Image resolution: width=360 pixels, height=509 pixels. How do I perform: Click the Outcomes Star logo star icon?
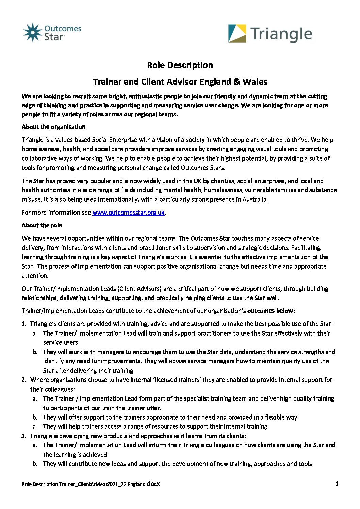pyautogui.click(x=32, y=33)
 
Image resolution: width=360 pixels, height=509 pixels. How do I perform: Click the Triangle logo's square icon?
pyautogui.click(x=237, y=33)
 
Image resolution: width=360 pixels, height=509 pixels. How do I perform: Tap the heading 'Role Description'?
pyautogui.click(x=180, y=65)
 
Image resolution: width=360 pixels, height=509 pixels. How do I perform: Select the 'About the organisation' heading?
pyautogui.click(x=53, y=127)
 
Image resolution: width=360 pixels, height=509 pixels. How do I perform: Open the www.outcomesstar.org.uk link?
pyautogui.click(x=128, y=213)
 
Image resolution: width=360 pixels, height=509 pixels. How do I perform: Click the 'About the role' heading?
pyautogui.click(x=42, y=225)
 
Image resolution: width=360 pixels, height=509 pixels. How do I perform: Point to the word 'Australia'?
pyautogui.click(x=255, y=199)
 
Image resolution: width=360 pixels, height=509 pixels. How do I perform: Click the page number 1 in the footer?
pyautogui.click(x=337, y=484)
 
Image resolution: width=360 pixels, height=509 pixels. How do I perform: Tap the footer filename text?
pyautogui.click(x=91, y=484)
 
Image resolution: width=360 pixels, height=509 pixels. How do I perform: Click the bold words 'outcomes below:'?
pyautogui.click(x=271, y=311)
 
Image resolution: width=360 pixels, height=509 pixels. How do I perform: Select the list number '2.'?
pyautogui.click(x=24, y=380)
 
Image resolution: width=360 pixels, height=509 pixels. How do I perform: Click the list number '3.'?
pyautogui.click(x=24, y=436)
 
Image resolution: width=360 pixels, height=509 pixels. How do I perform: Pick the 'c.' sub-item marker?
pyautogui.click(x=35, y=426)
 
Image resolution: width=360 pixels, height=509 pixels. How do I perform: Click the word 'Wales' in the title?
pyautogui.click(x=255, y=82)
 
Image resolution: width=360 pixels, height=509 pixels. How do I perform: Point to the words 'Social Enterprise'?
pyautogui.click(x=114, y=140)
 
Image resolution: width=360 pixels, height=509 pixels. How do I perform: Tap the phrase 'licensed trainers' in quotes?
pyautogui.click(x=177, y=380)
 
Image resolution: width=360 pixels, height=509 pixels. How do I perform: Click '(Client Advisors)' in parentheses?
pyautogui.click(x=140, y=289)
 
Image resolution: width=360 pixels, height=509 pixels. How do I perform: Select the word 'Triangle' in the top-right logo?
pyautogui.click(x=281, y=34)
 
